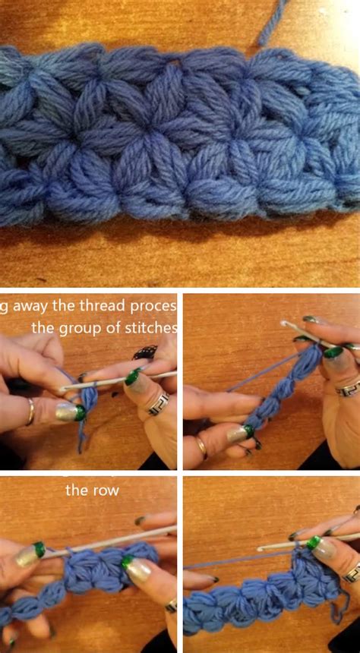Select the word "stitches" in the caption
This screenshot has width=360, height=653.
153,328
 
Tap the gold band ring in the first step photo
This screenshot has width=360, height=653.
30,411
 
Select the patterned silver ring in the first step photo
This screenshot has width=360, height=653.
158,403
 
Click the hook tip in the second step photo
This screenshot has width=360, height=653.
285,324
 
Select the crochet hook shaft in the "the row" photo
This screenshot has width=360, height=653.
114,541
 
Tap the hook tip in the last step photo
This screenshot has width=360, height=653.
261,547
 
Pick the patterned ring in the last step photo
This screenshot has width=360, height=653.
351,572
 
